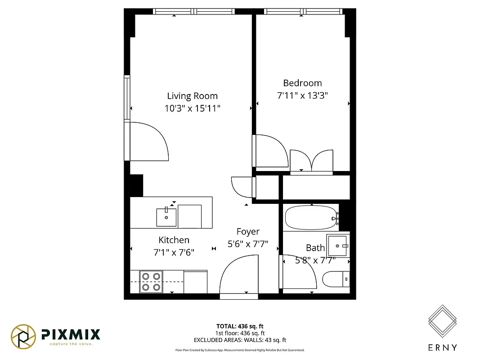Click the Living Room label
click(192, 96)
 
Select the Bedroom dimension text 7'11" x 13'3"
click(302, 95)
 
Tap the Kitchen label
click(174, 240)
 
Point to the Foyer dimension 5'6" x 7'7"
click(248, 244)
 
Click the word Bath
click(315, 247)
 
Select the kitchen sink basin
click(166, 217)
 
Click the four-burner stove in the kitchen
click(151, 282)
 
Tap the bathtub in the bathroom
click(310, 218)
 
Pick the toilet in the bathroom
click(335, 279)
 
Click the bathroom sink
click(338, 245)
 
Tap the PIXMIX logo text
click(71, 334)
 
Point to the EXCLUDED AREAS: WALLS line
click(240, 340)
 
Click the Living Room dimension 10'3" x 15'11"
click(192, 108)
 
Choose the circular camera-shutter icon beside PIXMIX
click(23, 336)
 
